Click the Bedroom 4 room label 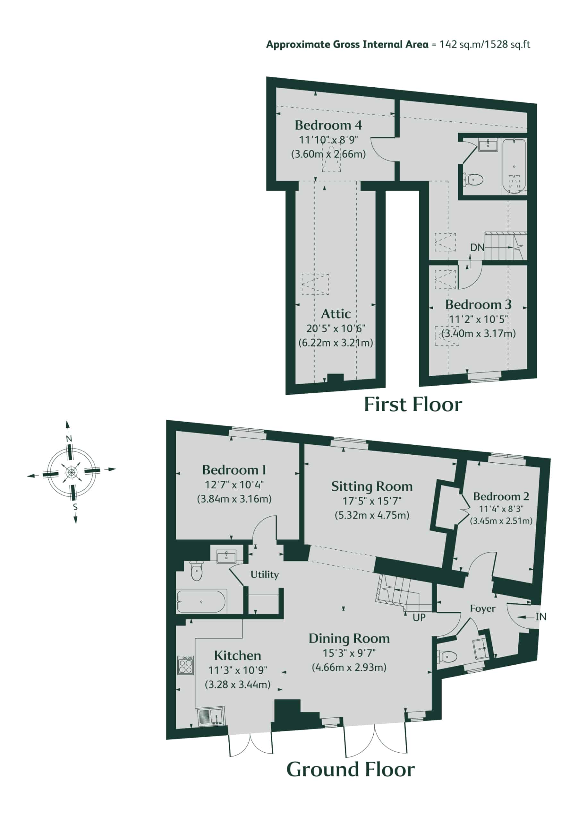click(328, 125)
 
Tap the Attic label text click(336, 314)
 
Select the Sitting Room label click(372, 486)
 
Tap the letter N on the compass click(69, 439)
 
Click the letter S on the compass click(75, 507)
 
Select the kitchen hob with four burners click(186, 665)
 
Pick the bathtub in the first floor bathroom click(514, 165)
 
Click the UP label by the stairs click(419, 617)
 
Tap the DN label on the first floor click(477, 247)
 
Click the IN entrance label click(541, 616)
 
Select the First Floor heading click(413, 405)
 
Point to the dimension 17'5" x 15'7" click(372, 501)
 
